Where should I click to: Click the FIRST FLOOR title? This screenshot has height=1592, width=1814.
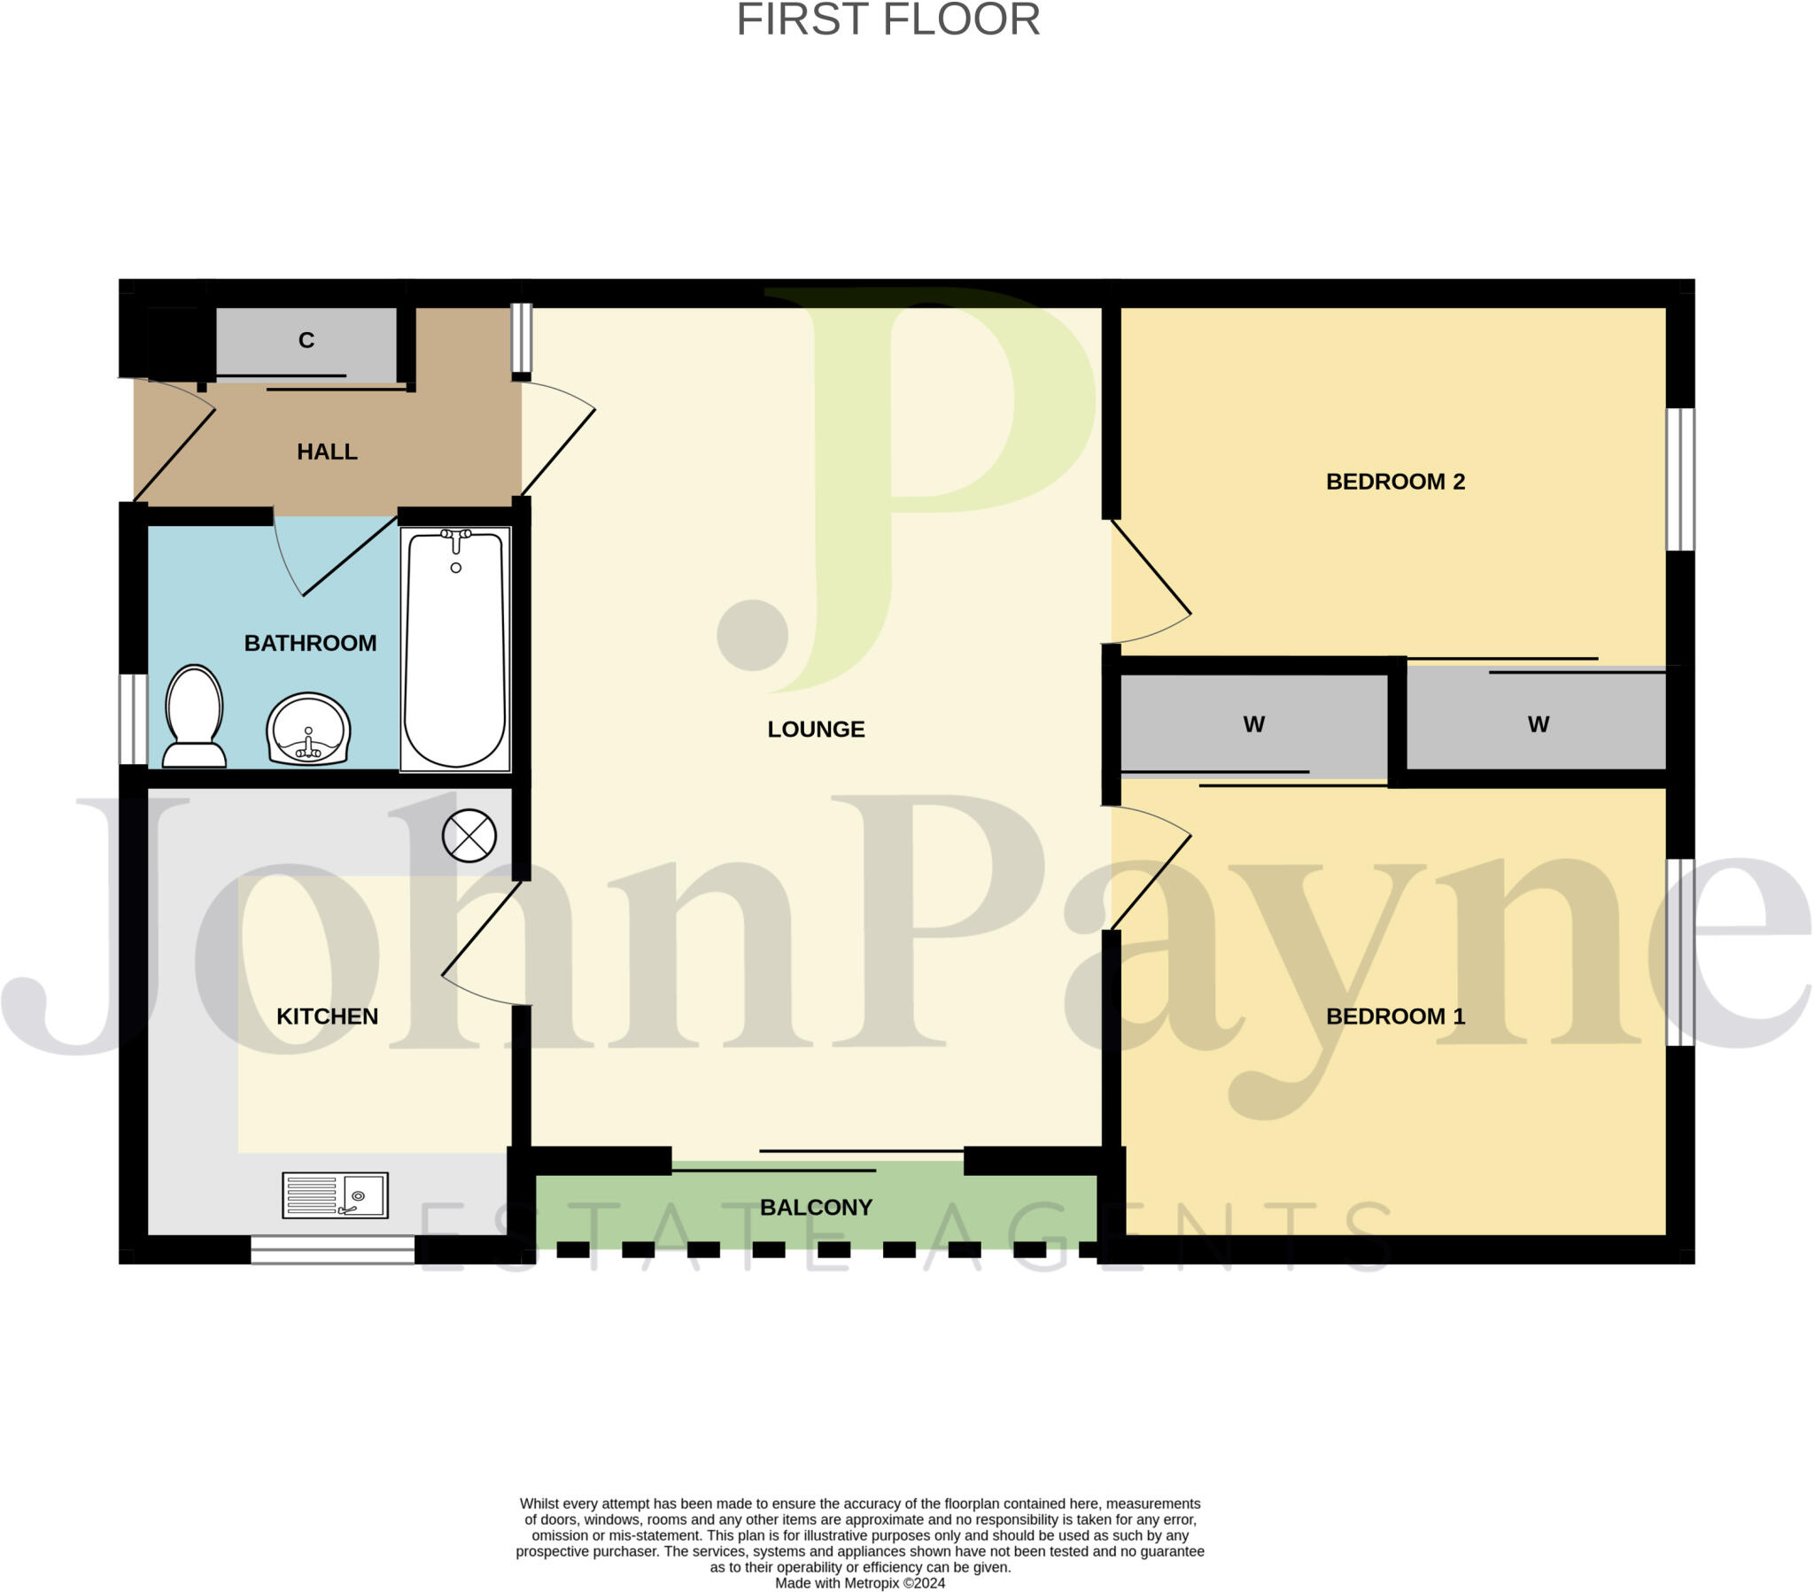(x=888, y=20)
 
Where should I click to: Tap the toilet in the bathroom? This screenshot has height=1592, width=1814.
(x=194, y=716)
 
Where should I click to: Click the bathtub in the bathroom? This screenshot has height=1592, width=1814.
(x=455, y=648)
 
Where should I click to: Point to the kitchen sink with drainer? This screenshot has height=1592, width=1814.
(x=335, y=1194)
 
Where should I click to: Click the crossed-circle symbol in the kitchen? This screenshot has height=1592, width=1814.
(x=469, y=835)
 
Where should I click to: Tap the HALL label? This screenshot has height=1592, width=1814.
(x=327, y=452)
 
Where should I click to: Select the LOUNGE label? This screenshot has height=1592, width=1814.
(x=816, y=729)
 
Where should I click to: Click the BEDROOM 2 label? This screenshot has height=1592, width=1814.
(x=1394, y=481)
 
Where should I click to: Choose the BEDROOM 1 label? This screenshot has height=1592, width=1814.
(x=1394, y=1016)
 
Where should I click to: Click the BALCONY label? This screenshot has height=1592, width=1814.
(x=816, y=1207)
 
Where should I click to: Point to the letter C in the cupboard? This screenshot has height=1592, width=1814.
(x=306, y=340)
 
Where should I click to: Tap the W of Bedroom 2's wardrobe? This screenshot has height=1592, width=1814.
(x=1538, y=724)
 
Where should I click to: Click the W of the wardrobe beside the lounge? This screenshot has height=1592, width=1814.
(x=1253, y=724)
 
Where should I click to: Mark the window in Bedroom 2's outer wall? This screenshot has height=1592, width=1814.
(x=1679, y=479)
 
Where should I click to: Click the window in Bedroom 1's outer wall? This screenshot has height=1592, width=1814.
(x=1679, y=952)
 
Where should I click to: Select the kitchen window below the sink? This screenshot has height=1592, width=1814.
(x=332, y=1250)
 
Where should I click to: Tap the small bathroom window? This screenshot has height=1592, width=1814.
(x=133, y=719)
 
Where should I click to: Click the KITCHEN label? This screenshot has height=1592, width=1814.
(x=327, y=1016)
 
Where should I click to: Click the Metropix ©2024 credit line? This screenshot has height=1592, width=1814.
(x=859, y=1583)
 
